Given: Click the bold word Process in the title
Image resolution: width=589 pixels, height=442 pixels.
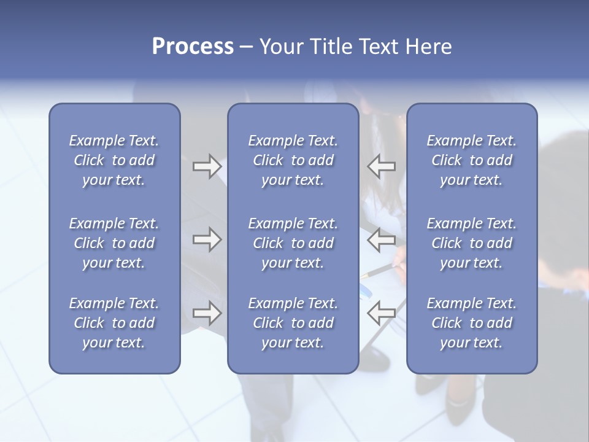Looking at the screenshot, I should [193, 47].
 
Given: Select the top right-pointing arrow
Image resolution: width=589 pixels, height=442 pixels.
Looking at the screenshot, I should [207, 166].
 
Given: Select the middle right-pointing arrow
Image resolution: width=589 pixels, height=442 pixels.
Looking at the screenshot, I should [207, 239].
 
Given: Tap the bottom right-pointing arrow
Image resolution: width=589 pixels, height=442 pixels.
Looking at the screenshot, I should [207, 313].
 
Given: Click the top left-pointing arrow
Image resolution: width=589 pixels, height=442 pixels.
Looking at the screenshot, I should [381, 166].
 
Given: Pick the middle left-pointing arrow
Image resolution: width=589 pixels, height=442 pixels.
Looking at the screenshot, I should [381, 239].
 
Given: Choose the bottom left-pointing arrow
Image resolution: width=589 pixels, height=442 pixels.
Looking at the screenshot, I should [381, 313].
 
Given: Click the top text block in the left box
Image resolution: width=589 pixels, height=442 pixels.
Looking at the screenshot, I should [114, 160].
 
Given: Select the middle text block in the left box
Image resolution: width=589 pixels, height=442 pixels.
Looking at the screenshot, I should [114, 243].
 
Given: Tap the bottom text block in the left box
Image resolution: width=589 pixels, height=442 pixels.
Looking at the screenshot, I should [114, 323].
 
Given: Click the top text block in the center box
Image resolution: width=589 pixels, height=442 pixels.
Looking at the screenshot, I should [293, 160].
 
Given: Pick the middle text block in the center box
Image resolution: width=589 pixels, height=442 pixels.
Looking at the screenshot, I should [293, 243].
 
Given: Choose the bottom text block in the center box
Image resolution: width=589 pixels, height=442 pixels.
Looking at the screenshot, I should [293, 323].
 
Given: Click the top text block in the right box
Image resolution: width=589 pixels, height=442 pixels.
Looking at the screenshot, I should [471, 160].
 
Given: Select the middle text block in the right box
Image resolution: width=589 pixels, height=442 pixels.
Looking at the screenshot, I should [471, 243].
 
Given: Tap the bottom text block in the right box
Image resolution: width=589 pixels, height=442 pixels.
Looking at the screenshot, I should [471, 323].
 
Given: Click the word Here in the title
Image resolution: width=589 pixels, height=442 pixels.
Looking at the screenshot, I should [429, 47].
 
